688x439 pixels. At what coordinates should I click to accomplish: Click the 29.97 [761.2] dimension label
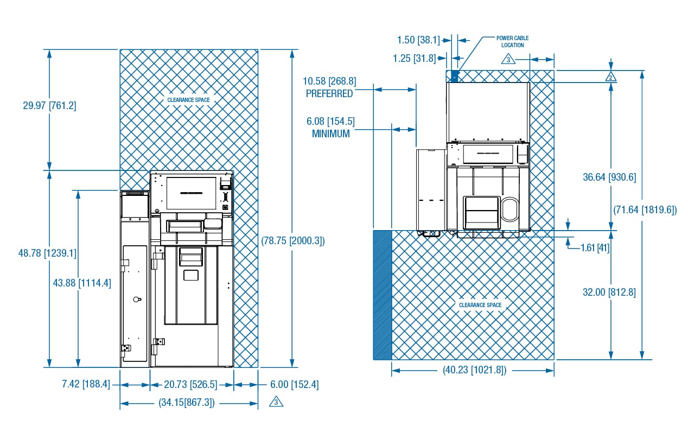click(x=49, y=106)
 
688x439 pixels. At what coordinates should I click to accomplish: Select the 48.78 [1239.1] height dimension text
click(x=47, y=253)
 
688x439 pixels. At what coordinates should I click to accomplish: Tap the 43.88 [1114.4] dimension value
click(x=82, y=283)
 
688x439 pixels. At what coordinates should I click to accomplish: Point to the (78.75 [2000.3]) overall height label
click(x=292, y=240)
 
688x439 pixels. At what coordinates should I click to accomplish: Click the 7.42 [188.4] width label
click(x=86, y=384)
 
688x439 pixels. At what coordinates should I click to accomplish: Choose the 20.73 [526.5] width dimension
click(x=190, y=384)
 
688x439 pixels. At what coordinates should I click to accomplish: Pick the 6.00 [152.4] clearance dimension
click(x=294, y=384)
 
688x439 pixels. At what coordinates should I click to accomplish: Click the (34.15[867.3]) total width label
click(x=187, y=403)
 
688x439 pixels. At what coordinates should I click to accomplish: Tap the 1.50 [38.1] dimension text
click(x=418, y=40)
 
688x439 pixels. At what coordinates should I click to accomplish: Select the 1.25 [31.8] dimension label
click(x=415, y=59)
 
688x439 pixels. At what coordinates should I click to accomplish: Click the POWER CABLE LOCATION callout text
click(x=512, y=41)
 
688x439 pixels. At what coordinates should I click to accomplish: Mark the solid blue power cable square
click(x=455, y=76)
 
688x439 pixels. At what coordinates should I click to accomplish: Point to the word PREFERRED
click(x=329, y=94)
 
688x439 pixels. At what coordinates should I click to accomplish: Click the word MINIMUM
click(x=331, y=134)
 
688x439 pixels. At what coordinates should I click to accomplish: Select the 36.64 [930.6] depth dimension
click(x=609, y=177)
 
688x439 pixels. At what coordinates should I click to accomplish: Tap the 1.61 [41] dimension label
click(x=595, y=247)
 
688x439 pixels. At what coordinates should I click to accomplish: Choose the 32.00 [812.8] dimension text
click(x=609, y=292)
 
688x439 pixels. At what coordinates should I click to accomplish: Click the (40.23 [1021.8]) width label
click(x=475, y=370)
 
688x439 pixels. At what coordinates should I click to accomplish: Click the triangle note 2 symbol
click(x=610, y=77)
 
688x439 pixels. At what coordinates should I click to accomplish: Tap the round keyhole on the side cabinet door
click(x=137, y=299)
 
